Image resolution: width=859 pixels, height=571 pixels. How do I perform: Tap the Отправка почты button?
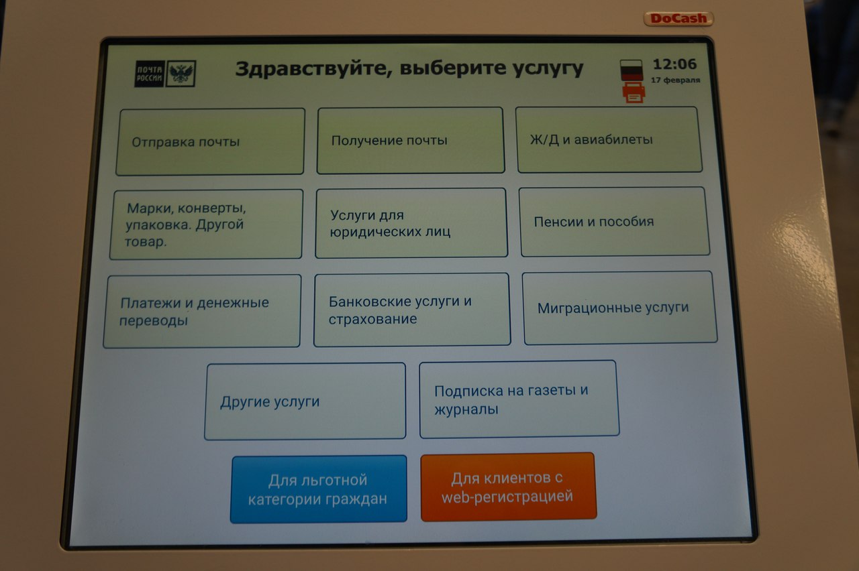point(210,141)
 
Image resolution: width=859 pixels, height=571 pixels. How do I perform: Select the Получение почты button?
point(410,140)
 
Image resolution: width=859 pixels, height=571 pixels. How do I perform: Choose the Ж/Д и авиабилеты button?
point(609,139)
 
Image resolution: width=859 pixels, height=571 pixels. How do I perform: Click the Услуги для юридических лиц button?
point(411,223)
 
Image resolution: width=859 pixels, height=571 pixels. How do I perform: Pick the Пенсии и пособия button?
point(614,221)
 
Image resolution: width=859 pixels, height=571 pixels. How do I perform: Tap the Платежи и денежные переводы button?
point(202,311)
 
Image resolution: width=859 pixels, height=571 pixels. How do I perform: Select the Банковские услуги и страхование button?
point(412,310)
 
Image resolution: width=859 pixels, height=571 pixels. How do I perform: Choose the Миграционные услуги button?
point(619,308)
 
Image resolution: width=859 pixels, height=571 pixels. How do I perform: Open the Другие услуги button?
point(305,401)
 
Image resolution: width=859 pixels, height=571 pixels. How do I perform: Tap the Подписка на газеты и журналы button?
point(519,399)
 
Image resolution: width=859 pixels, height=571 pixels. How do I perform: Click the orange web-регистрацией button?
point(509,487)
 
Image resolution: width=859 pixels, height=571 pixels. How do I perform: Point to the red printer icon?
point(634,92)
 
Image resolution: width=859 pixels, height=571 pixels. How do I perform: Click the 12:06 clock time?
point(674,64)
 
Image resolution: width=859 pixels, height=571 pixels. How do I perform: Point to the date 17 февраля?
point(675,80)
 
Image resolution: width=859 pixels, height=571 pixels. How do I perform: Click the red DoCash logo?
point(678,18)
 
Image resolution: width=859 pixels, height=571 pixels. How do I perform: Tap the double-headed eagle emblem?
point(181,73)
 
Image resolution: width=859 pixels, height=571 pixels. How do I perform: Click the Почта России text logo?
point(150,74)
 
